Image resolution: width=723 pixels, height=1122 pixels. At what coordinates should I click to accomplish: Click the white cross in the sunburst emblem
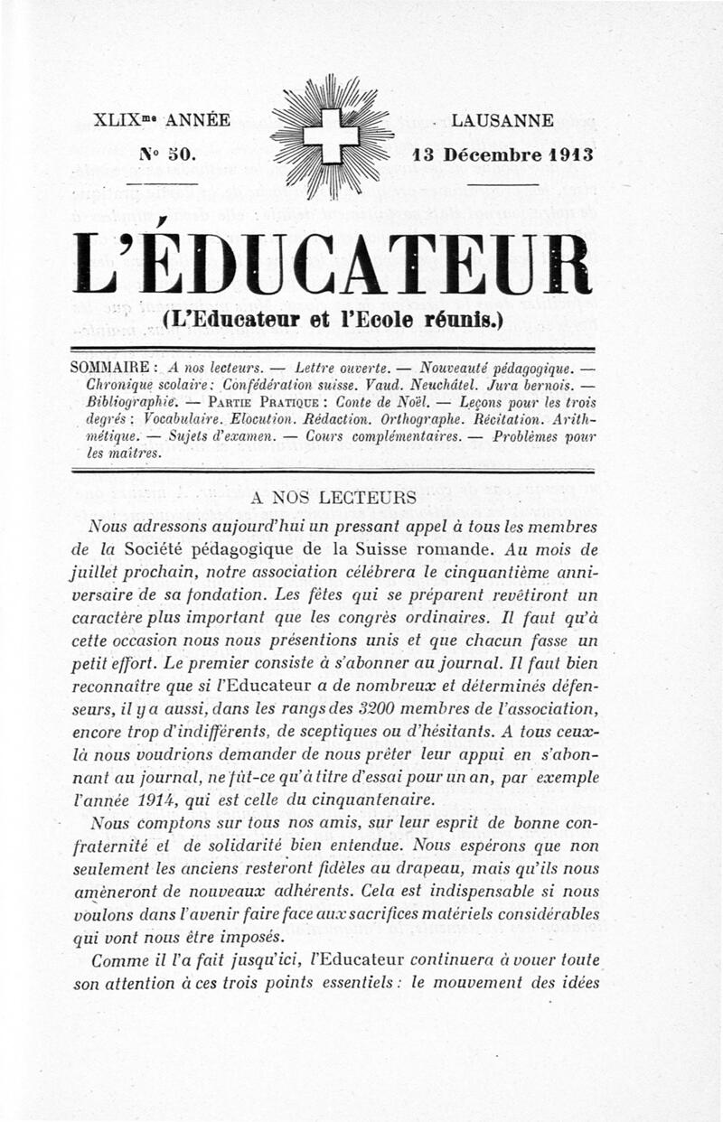tap(331, 136)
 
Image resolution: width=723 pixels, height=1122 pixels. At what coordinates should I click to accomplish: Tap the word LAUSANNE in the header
tap(502, 120)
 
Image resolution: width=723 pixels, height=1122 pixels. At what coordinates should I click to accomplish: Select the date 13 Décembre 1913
tap(502, 154)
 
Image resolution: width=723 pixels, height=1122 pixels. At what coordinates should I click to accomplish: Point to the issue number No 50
tap(166, 154)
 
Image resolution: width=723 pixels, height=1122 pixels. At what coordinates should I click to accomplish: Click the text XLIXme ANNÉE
tap(162, 120)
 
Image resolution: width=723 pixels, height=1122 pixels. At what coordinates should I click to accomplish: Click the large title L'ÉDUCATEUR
tap(333, 264)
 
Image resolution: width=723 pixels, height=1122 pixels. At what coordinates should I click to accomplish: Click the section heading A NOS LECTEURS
tap(333, 498)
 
